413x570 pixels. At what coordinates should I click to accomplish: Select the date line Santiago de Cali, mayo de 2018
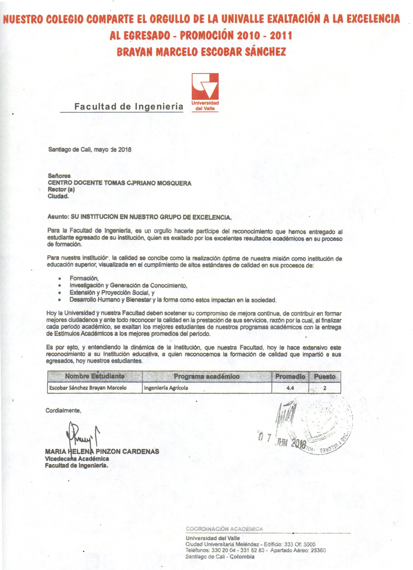[x=90, y=149]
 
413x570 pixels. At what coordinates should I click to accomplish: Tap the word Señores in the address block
[x=59, y=176]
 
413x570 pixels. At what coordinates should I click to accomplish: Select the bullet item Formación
[x=84, y=278]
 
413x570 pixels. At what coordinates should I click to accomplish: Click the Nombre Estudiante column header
[x=95, y=376]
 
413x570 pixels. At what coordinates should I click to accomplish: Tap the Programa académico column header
[x=207, y=376]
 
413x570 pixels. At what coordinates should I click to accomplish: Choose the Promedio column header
[x=290, y=376]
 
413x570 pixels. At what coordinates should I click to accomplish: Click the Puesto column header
[x=325, y=376]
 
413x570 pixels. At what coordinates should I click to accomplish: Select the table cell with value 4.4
[x=290, y=388]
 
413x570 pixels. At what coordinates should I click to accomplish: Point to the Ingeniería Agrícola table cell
[x=166, y=388]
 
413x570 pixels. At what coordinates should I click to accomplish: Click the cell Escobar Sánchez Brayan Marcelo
[x=88, y=388]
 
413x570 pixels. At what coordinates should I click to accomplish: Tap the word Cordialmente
[x=63, y=411]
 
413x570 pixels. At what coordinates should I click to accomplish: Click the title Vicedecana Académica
[x=77, y=458]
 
